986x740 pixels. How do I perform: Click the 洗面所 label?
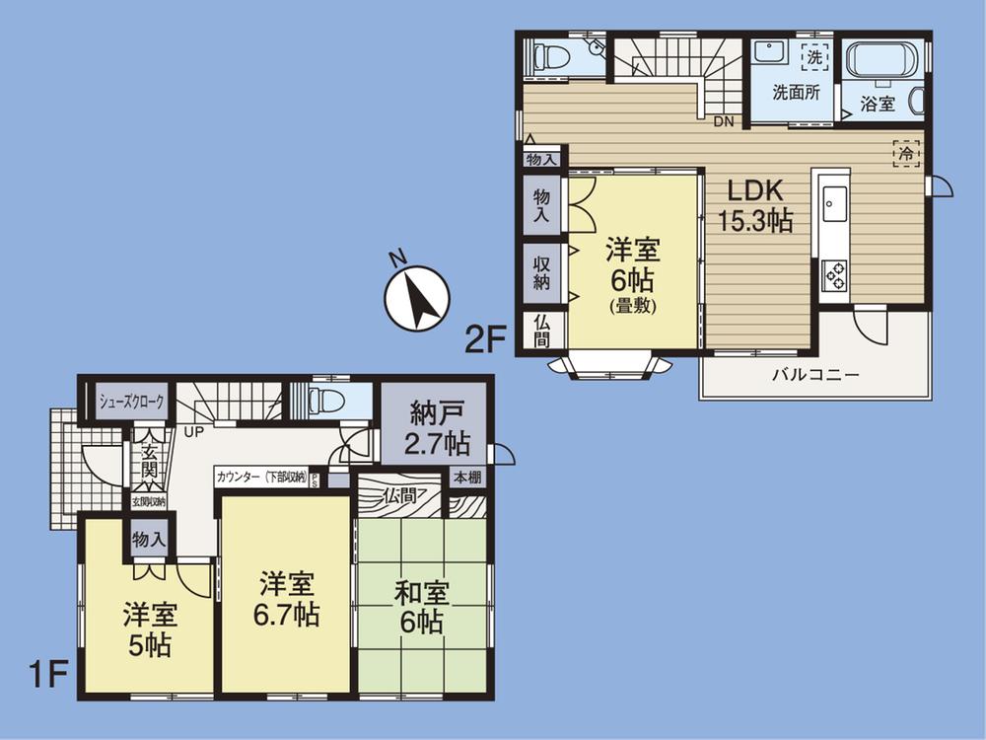(795, 94)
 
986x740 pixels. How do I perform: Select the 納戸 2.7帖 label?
(433, 428)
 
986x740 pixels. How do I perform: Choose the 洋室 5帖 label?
(149, 630)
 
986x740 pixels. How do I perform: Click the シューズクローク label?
(131, 402)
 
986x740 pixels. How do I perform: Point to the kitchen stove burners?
(834, 275)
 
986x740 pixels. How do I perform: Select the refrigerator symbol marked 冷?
(906, 153)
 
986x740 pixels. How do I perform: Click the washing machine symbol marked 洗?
(814, 57)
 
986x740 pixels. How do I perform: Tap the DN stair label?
(724, 121)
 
